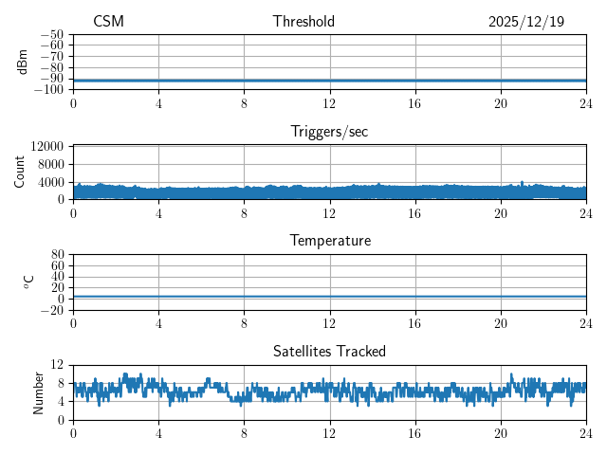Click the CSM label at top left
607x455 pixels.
tap(108, 22)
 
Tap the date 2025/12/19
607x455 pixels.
tap(526, 22)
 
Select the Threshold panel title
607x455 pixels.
tap(303, 22)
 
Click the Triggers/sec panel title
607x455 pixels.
tap(329, 132)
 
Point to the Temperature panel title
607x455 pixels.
tap(329, 241)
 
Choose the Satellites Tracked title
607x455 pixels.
tap(329, 351)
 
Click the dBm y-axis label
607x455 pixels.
tap(23, 62)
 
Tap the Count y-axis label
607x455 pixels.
tap(20, 172)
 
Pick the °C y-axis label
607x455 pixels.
tap(28, 282)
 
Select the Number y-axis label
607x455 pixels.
tap(38, 391)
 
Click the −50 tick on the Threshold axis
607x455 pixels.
tap(52, 35)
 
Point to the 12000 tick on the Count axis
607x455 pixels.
tap(46, 147)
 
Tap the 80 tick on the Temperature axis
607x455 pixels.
tap(57, 255)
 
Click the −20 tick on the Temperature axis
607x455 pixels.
tap(52, 311)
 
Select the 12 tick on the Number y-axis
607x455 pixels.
tap(57, 365)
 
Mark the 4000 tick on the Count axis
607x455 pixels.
tap(49, 182)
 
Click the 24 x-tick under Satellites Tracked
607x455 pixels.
tap(586, 433)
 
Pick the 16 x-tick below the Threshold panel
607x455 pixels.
tap(415, 103)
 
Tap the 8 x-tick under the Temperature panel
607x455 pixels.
tap(245, 323)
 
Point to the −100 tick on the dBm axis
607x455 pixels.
tap(49, 90)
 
